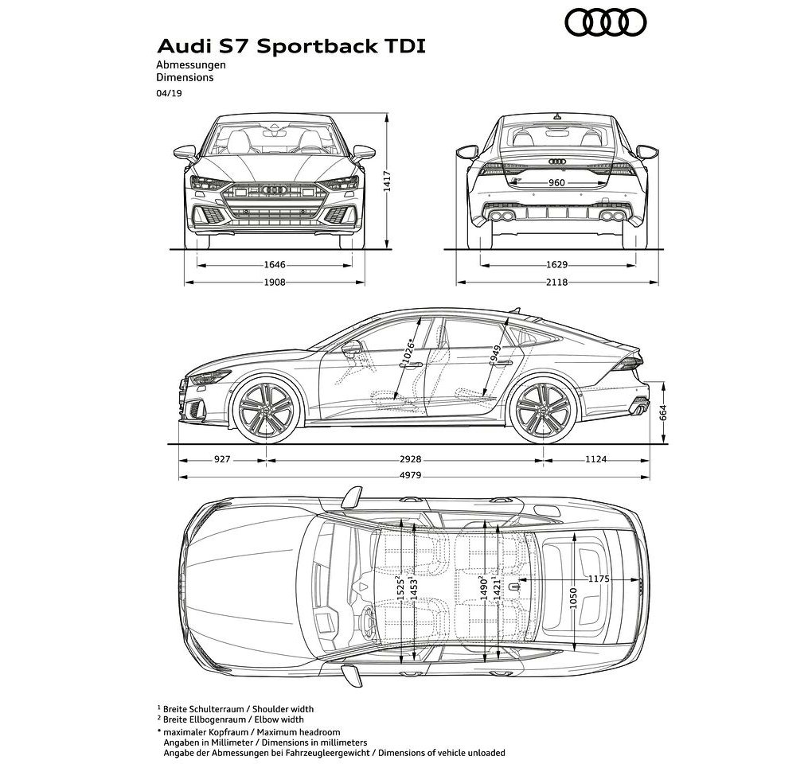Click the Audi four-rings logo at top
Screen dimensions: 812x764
point(605,23)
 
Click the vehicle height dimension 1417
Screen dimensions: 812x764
point(387,181)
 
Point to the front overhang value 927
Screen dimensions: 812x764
point(222,459)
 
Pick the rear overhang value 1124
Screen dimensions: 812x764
point(596,459)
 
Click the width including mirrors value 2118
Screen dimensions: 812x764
point(556,282)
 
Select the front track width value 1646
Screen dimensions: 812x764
point(275,265)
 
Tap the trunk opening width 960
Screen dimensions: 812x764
point(556,183)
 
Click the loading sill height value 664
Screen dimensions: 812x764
point(663,412)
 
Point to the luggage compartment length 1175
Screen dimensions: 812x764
point(599,579)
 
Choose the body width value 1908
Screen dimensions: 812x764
point(275,282)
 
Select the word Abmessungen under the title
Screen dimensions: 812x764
point(191,65)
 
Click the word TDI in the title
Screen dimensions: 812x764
point(404,46)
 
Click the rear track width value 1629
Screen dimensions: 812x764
point(556,265)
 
